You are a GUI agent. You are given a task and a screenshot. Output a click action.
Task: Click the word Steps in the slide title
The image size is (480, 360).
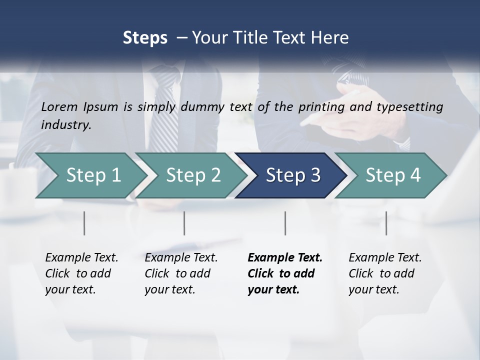coord(145,38)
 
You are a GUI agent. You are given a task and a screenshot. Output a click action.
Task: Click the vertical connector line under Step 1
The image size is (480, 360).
coord(84,223)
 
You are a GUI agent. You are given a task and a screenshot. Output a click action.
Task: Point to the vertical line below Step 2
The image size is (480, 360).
coord(184,223)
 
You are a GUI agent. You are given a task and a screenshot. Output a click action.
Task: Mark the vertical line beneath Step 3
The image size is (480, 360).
coord(285,223)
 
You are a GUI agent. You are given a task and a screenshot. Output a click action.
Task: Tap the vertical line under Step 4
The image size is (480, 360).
coord(386,223)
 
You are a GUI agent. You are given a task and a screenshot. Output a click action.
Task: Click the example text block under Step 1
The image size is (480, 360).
coord(81,273)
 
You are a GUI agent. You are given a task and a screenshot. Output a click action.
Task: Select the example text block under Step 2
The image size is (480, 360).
coord(181,273)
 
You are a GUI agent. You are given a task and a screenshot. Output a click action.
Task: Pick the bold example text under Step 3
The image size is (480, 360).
coord(285,273)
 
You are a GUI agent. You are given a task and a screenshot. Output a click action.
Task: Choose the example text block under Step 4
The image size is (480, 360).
coord(385,273)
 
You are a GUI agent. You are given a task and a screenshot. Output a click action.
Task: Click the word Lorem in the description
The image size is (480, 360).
coord(59,106)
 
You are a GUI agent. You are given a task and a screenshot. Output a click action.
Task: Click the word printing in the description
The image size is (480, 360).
coord(322,107)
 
